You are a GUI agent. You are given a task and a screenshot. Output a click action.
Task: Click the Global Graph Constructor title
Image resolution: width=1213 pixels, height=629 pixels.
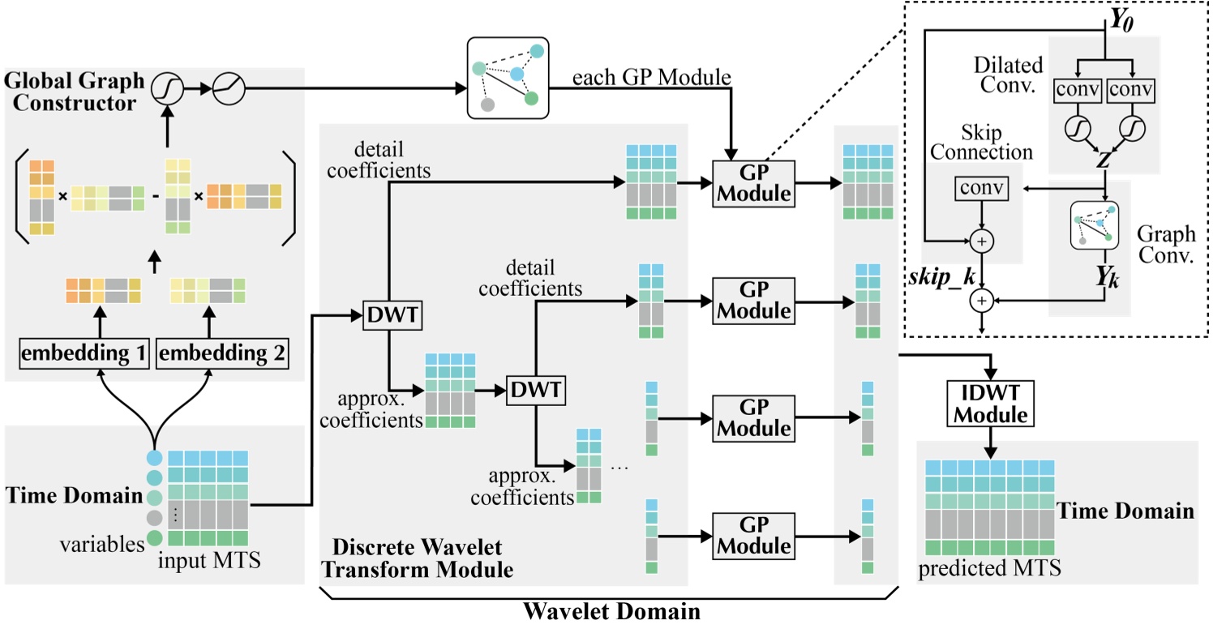pos(74,92)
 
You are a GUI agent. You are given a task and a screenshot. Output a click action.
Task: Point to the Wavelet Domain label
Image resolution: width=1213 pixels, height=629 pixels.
pos(611,610)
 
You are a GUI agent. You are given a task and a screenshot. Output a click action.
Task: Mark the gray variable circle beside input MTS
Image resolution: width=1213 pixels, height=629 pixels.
pos(153,517)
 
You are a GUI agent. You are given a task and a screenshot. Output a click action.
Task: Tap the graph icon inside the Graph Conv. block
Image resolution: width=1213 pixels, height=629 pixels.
pos(1095,225)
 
